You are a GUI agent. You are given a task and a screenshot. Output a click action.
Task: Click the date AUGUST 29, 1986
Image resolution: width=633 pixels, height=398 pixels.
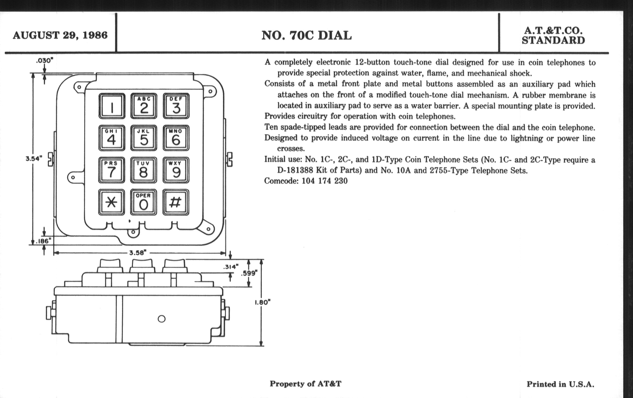tap(60, 35)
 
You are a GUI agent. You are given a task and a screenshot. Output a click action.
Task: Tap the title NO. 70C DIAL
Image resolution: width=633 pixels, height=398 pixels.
tap(306, 35)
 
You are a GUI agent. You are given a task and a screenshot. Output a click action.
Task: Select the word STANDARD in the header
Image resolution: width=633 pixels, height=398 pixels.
tap(553, 41)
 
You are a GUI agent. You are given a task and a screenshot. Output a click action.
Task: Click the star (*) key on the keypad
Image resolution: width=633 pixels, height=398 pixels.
tap(111, 202)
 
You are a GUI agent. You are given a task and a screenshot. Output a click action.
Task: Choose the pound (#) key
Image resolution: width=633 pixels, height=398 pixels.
tap(176, 202)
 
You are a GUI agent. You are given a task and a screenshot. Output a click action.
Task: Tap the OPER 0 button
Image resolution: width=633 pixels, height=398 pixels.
tap(143, 202)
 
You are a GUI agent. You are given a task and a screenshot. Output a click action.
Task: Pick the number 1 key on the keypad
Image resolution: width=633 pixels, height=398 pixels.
tap(112, 106)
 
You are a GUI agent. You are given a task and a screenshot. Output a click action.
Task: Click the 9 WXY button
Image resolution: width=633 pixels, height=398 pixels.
tap(176, 170)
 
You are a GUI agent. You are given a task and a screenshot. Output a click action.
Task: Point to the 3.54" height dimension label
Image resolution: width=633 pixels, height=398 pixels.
tap(34, 159)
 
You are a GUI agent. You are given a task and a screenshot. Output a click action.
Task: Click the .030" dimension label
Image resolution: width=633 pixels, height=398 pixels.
tap(45, 61)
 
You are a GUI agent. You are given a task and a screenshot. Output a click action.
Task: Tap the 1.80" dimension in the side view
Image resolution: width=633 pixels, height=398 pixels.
tap(262, 302)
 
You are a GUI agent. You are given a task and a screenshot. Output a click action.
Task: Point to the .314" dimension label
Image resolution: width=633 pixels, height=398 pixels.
tap(231, 267)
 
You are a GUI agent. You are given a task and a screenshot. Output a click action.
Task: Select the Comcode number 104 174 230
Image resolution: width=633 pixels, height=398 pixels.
tap(324, 181)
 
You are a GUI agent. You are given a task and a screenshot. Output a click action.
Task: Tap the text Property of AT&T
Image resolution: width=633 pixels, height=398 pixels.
tap(306, 384)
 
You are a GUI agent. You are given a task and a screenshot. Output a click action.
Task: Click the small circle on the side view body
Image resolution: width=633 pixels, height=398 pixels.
tap(161, 319)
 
